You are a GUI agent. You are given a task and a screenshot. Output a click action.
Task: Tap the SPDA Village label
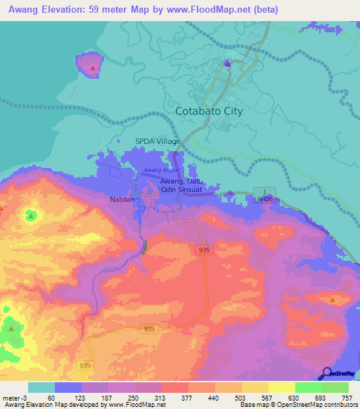point(157,141)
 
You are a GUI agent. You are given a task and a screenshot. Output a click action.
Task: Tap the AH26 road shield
point(264,200)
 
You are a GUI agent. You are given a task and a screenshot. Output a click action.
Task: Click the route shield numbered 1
point(264,192)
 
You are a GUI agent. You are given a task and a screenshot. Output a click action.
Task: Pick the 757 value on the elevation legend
point(346,398)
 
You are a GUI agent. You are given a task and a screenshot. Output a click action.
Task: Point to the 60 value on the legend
point(51,398)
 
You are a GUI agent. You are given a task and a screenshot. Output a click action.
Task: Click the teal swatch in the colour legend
point(41,387)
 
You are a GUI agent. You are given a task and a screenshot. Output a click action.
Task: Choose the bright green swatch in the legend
point(308,387)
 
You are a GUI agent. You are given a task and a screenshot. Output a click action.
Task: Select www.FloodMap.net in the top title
point(217,9)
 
